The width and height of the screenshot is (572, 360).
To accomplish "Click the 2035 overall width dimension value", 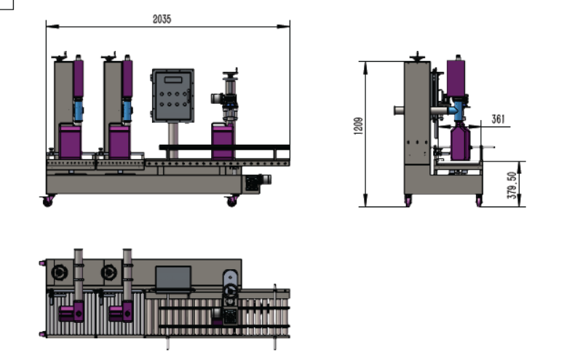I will point(162,20).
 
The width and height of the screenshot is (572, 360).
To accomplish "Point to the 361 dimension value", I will point(498,119).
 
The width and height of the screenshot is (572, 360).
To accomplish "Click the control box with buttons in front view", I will point(172,95).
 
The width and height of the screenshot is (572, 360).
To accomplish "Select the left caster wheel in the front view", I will point(48,201).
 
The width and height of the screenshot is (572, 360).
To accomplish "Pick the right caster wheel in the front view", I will point(232,201).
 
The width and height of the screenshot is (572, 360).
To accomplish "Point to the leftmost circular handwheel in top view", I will point(58,273).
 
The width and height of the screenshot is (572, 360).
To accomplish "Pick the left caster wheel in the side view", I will point(408,201).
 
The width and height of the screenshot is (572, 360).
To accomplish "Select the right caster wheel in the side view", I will point(479,201).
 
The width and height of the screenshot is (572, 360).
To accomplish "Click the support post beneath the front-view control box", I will point(173,134).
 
